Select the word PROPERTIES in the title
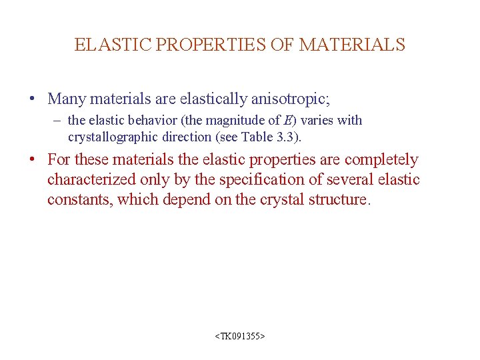[x=209, y=45]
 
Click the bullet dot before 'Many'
[x=31, y=99]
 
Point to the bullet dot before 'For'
[x=31, y=160]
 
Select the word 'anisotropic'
[x=290, y=99]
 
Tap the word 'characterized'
[x=94, y=180]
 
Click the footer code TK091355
[x=240, y=337]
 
